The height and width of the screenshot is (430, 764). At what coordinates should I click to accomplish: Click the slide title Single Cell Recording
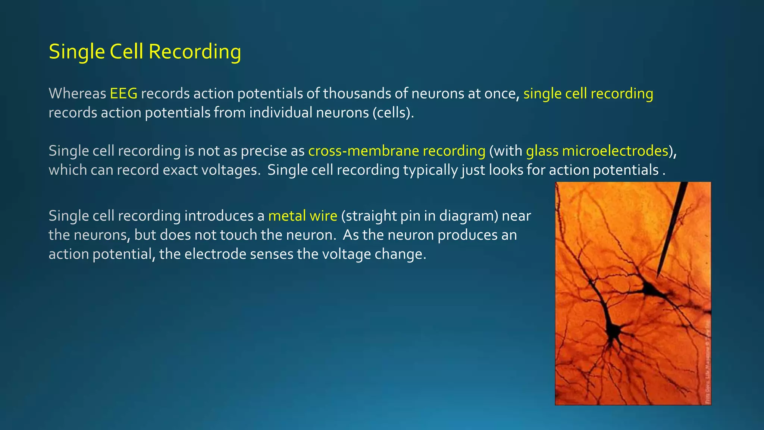tap(145, 52)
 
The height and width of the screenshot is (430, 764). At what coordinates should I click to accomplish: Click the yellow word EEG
tap(123, 93)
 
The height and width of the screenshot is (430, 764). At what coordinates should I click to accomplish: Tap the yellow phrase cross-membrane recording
tap(397, 151)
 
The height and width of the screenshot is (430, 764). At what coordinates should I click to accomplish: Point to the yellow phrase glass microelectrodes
tap(597, 151)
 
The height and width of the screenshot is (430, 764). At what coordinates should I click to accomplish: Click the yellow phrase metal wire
tap(303, 216)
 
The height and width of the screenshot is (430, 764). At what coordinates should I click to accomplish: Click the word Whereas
tap(77, 93)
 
